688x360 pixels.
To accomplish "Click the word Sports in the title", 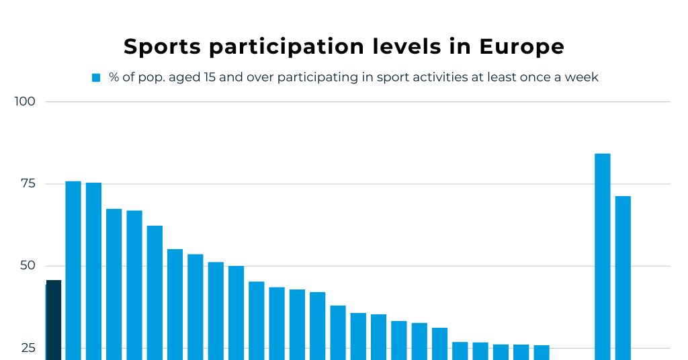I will (x=161, y=46).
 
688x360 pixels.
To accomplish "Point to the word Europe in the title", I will (x=521, y=46).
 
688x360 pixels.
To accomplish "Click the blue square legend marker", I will (x=96, y=78).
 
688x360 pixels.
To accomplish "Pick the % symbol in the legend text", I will (x=114, y=77).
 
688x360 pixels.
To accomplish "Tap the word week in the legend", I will (x=582, y=77).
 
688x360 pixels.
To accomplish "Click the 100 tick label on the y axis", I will (x=25, y=102).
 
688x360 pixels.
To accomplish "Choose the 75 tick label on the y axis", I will (x=28, y=184).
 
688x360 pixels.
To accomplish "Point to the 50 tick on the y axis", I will (x=28, y=266).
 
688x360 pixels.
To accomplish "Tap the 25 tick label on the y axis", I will (x=28, y=348).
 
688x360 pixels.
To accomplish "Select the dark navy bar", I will (x=53, y=320).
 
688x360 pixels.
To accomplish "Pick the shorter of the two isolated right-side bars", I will (x=623, y=277).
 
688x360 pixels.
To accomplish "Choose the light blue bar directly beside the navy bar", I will (x=73, y=270).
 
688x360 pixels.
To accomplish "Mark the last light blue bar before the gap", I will (x=542, y=353).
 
